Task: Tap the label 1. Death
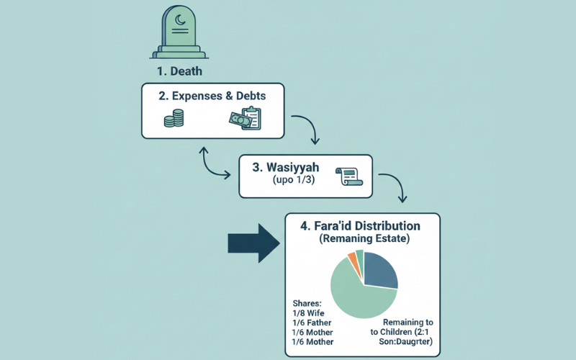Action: [x=179, y=71]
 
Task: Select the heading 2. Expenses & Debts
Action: [x=212, y=95]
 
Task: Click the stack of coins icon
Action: [x=174, y=119]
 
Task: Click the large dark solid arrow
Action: [x=253, y=243]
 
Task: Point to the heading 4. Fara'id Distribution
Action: [x=360, y=226]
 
